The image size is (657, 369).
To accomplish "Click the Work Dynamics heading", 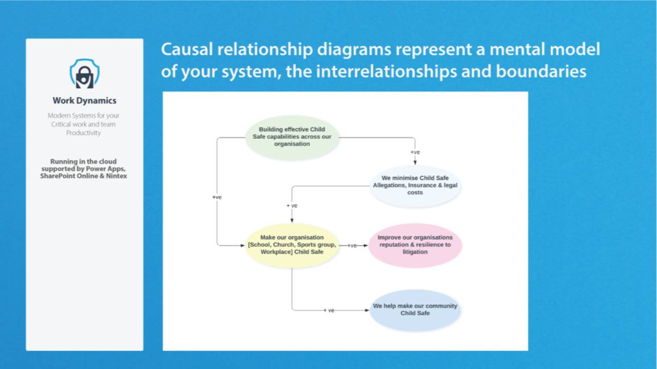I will click(85, 100).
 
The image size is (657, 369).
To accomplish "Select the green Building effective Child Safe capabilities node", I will click(292, 137).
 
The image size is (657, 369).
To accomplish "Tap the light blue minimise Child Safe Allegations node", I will click(415, 185).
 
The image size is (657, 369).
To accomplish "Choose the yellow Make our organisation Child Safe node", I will click(292, 245).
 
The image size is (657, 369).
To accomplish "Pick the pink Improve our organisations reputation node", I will click(415, 245).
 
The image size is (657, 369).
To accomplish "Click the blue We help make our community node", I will click(415, 310).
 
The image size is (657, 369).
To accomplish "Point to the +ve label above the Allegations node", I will click(415, 152).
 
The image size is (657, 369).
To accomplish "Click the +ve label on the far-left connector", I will click(217, 197).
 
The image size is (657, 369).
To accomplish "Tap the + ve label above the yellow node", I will click(292, 206).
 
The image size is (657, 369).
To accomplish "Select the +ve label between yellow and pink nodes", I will click(352, 245).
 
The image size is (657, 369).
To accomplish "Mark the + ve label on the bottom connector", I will click(329, 310).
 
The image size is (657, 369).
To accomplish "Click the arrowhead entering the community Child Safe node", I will click(366, 310).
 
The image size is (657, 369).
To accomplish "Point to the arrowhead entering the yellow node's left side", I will click(243, 245).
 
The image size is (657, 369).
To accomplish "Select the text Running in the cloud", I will click(83, 161).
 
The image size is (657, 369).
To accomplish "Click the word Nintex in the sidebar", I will click(116, 176).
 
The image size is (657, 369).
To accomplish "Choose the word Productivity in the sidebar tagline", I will click(84, 133).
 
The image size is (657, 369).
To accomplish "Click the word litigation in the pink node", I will click(415, 252).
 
